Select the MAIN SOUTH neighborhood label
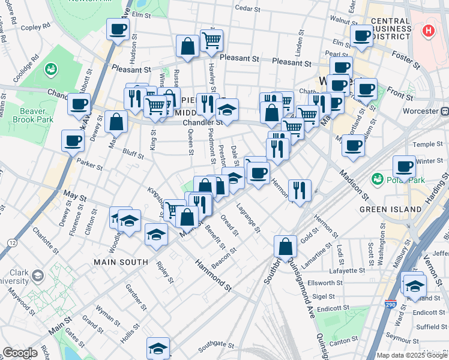(x=121, y=262)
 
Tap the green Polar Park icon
(x=378, y=179)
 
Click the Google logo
(x=20, y=353)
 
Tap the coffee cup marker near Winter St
(x=405, y=167)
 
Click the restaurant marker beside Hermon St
(x=299, y=190)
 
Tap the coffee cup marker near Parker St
(x=73, y=142)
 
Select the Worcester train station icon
(x=445, y=112)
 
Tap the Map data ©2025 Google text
(x=412, y=355)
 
